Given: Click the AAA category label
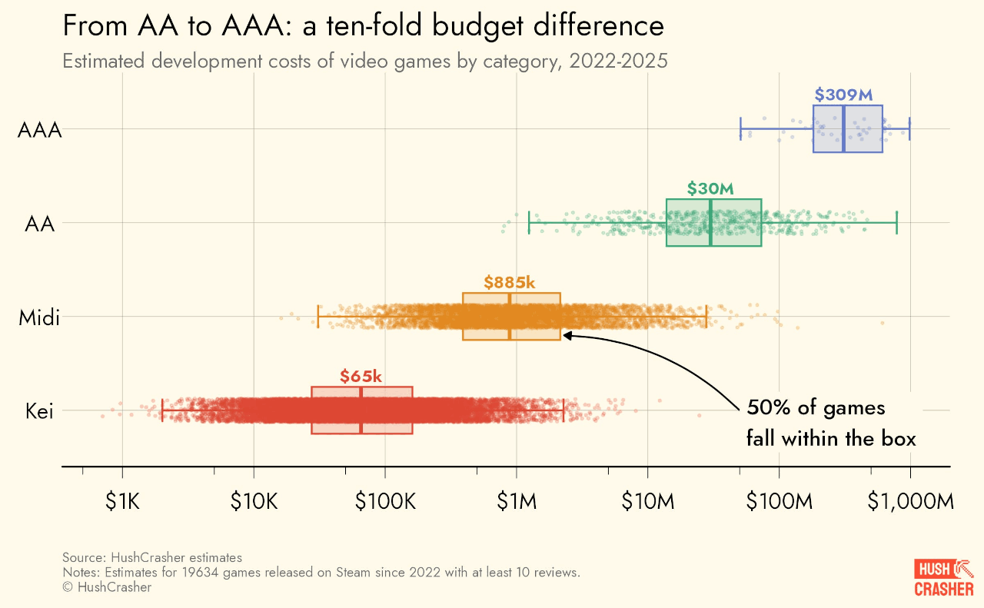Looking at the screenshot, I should click(x=39, y=130).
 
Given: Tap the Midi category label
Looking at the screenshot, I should click(x=39, y=317).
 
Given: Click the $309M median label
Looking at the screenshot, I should click(x=843, y=95).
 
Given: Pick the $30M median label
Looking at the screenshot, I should click(x=710, y=188).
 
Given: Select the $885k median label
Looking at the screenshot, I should click(x=509, y=282).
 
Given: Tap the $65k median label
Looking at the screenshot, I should click(x=361, y=376).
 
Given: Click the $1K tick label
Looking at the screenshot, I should click(x=122, y=502).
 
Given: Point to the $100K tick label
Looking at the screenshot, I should click(x=385, y=502).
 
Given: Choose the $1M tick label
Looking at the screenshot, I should click(x=517, y=502).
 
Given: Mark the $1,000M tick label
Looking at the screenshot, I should click(x=911, y=502).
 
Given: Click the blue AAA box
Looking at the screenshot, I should click(x=847, y=129).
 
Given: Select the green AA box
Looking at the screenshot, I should click(x=713, y=223).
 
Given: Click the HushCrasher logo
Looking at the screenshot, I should click(x=943, y=578).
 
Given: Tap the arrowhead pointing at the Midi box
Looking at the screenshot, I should click(x=567, y=335).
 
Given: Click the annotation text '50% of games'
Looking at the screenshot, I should click(x=816, y=407).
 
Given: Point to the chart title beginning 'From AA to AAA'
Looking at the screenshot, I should click(x=363, y=26).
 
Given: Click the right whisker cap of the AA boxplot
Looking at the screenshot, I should click(x=896, y=223).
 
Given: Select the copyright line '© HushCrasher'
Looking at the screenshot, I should click(x=107, y=587).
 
